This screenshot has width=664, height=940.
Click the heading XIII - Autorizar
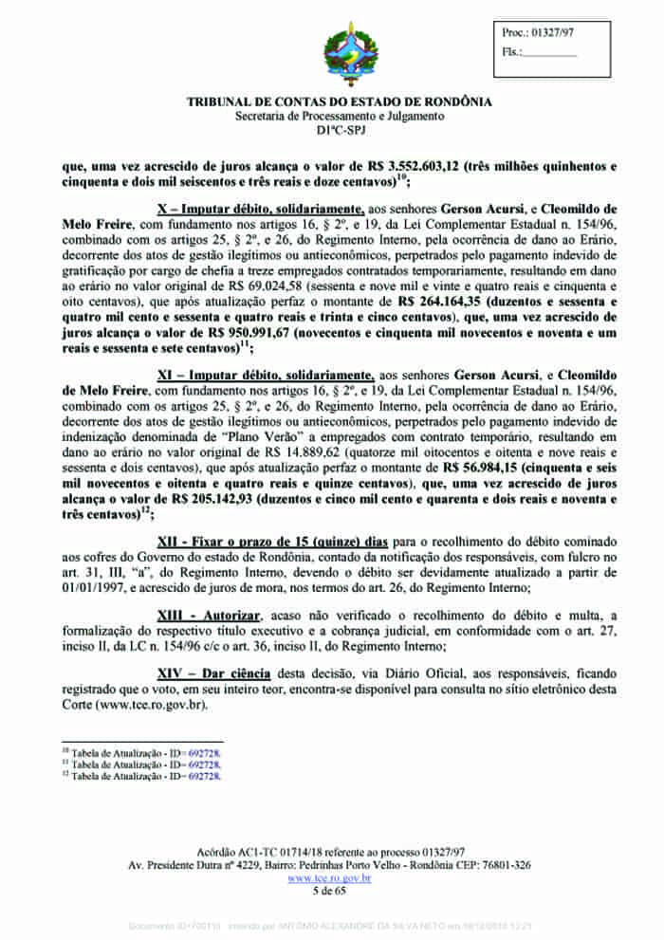[x=208, y=617]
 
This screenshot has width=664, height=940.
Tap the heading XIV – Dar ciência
[x=213, y=672]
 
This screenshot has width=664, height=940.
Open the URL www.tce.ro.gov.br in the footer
[x=329, y=878]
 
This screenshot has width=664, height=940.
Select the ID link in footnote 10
[x=205, y=752]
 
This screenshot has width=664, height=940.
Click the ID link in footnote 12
[x=205, y=775]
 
